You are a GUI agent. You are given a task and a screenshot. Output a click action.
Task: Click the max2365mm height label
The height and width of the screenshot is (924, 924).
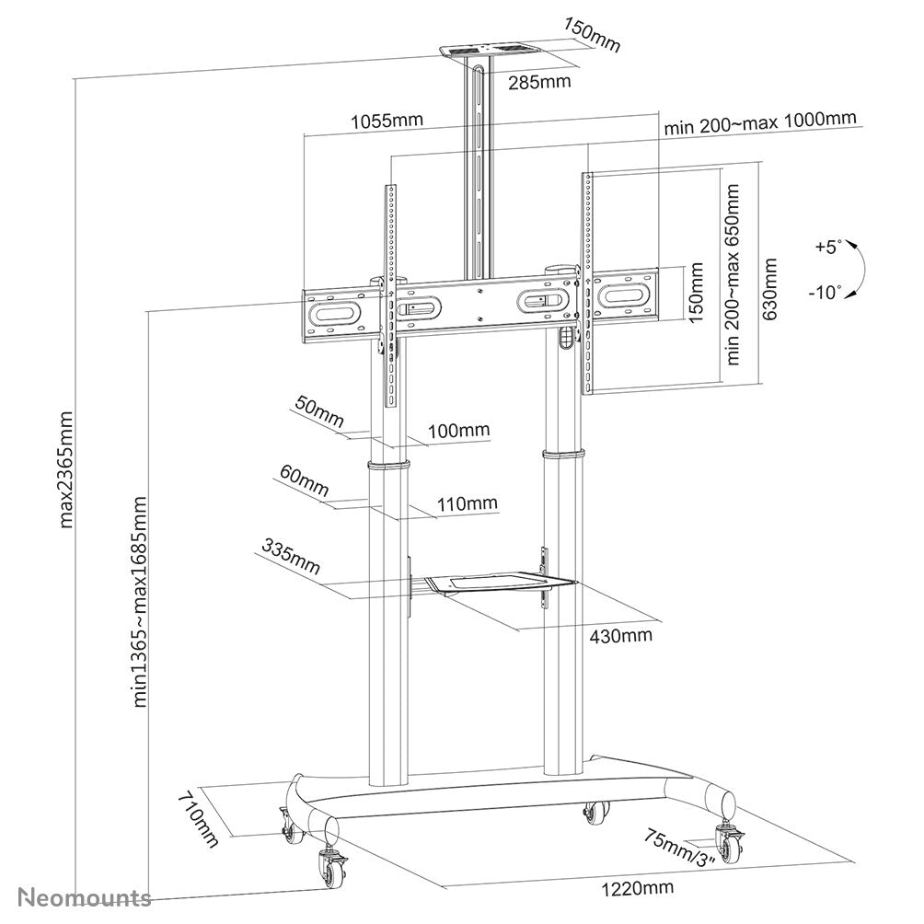click(x=67, y=469)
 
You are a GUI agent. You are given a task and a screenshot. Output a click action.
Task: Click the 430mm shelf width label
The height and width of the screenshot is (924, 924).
click(x=621, y=635)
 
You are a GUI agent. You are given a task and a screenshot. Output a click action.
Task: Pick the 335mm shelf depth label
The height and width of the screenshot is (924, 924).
click(x=290, y=559)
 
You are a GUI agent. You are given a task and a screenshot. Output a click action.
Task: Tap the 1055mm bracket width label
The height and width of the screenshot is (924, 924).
click(x=387, y=121)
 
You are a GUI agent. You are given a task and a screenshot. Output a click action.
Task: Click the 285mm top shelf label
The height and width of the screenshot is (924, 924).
click(x=539, y=82)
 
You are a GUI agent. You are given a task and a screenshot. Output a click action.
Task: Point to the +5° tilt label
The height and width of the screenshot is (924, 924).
click(x=827, y=247)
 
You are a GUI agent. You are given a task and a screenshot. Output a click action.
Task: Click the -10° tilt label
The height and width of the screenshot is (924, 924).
click(x=826, y=293)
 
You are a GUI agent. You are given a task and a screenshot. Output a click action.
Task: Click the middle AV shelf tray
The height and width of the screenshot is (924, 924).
click(x=492, y=582)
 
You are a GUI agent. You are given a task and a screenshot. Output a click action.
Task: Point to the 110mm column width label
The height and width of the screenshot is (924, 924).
click(x=468, y=503)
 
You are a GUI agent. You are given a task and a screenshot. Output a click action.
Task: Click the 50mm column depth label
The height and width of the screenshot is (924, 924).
click(x=317, y=407)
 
